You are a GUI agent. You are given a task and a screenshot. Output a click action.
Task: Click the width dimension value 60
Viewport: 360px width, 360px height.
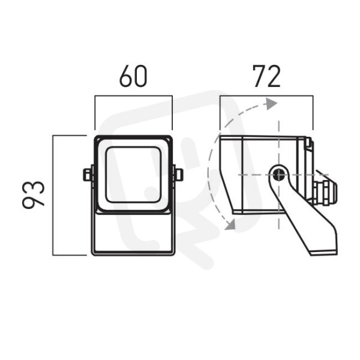(x=133, y=76)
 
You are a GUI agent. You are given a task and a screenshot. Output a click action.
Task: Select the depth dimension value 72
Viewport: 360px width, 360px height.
(x=266, y=76)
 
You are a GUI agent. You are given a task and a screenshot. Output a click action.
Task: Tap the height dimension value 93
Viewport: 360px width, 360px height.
(x=33, y=194)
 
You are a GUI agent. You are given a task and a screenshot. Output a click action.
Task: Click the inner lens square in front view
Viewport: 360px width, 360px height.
(x=133, y=175)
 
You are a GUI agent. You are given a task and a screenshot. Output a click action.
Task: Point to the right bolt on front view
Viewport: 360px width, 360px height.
(x=178, y=175)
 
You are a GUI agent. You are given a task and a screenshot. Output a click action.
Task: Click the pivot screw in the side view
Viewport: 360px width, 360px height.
(x=279, y=175)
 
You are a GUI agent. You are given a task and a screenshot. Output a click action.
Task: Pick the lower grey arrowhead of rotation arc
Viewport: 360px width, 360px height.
(x=230, y=224)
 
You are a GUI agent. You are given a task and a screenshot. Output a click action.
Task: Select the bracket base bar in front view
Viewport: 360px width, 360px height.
(x=133, y=253)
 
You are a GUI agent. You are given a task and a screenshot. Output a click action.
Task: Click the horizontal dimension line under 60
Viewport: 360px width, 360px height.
(x=133, y=96)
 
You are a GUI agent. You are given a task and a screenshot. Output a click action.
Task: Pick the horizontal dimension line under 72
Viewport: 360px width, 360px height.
(x=266, y=96)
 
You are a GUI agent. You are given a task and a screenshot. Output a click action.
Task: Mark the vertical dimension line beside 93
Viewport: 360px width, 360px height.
(x=53, y=195)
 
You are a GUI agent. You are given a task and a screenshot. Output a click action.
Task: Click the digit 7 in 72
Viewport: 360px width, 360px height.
(x=259, y=76)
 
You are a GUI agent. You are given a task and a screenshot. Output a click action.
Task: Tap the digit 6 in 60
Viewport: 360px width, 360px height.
(x=126, y=76)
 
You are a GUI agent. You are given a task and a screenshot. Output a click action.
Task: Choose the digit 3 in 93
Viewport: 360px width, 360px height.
(x=33, y=188)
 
